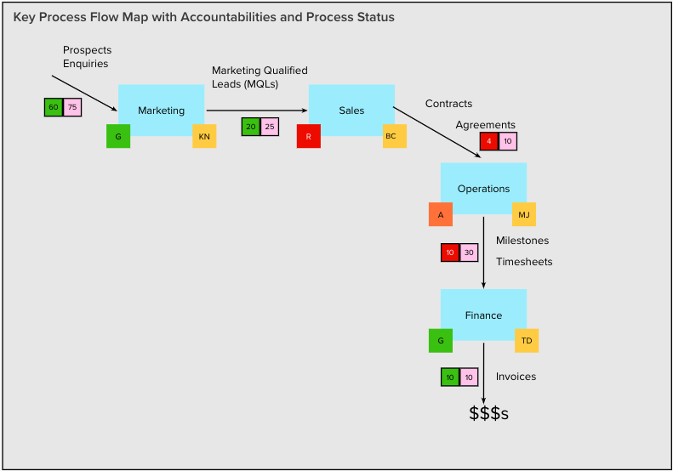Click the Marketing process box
[162, 111]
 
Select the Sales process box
[351, 111]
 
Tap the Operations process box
[483, 188]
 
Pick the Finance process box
[483, 315]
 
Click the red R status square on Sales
[309, 136]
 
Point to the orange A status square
[441, 214]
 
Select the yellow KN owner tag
[204, 136]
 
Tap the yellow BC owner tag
[395, 136]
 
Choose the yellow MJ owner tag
[523, 214]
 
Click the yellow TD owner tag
[527, 341]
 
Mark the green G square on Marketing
[118, 136]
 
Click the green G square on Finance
[441, 341]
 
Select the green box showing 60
[54, 107]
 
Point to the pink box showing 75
[72, 107]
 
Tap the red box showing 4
[489, 141]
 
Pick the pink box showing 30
[469, 253]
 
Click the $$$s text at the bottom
[489, 413]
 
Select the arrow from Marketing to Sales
[257, 111]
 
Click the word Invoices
[516, 376]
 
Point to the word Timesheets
[524, 262]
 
